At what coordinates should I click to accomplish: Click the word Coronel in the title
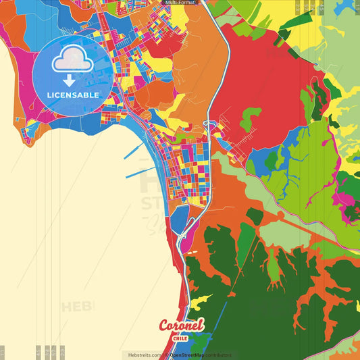click(x=181, y=326)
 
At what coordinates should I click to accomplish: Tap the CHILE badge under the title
click(x=180, y=338)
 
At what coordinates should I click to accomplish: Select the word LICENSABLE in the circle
click(x=73, y=95)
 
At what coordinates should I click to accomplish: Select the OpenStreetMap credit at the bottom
click(x=192, y=355)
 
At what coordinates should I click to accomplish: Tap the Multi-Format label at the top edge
click(x=180, y=3)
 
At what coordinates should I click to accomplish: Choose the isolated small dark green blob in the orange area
click(x=254, y=215)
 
